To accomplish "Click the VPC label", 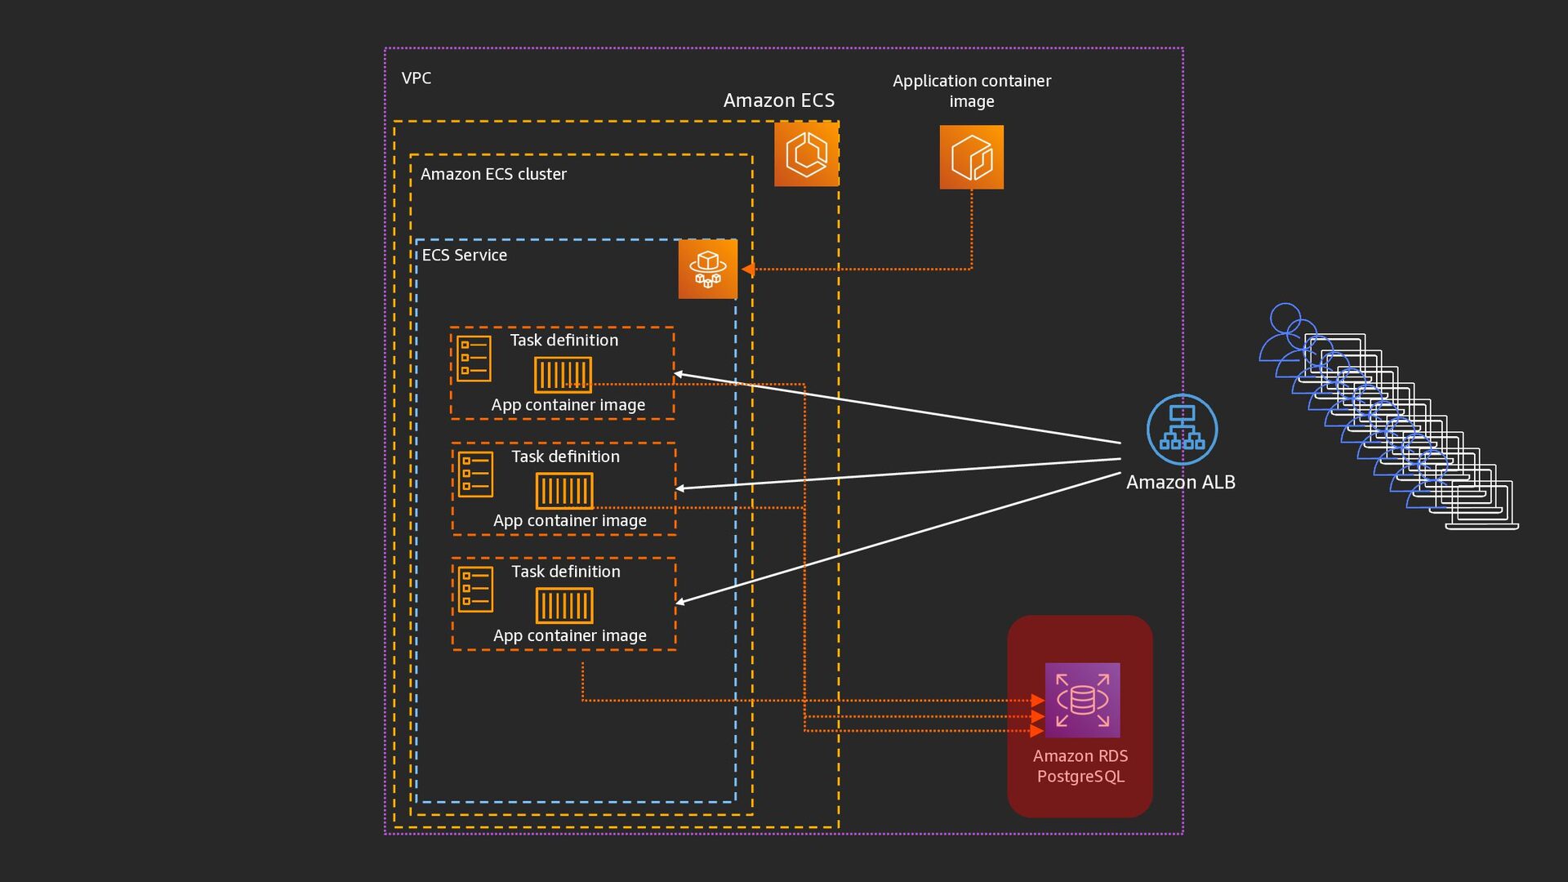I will tap(416, 78).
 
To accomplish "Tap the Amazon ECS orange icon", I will tap(806, 154).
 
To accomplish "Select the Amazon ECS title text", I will tap(779, 100).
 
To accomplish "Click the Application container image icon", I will tap(971, 157).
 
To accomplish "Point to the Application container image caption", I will tap(971, 91).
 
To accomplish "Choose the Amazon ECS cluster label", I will tap(493, 174).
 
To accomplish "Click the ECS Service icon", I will tap(707, 269).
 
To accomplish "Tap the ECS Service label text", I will tap(464, 255).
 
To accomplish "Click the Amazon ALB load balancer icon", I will tap(1182, 430).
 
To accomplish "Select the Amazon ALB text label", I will tap(1180, 483).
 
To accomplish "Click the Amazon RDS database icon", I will tap(1082, 700).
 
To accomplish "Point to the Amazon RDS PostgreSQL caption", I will tap(1080, 766).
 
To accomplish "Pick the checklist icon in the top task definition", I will tap(474, 359).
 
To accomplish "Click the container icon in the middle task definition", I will tap(564, 491).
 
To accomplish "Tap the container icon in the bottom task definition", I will tap(564, 606).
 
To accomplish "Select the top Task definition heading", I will tap(563, 341).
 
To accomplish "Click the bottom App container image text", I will tap(569, 635).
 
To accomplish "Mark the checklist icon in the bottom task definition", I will tap(475, 589).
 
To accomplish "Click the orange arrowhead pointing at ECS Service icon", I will tap(747, 269).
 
